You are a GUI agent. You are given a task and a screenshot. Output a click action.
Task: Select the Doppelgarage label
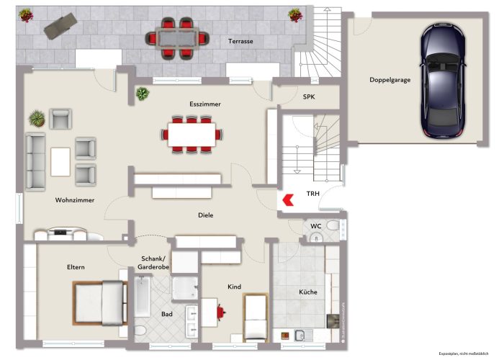[x=390, y=80]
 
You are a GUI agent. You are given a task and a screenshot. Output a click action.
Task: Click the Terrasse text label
[x=240, y=42]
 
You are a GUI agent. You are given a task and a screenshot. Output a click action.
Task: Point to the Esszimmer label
[x=205, y=104]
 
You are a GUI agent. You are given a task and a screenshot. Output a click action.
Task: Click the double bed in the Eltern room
[x=99, y=302]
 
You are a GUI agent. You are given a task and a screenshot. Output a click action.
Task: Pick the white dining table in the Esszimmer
[x=192, y=134]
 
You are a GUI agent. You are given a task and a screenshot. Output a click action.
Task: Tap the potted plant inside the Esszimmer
[x=143, y=93]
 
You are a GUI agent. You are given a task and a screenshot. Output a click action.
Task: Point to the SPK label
[x=308, y=96]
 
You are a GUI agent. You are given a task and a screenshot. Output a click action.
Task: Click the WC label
[x=315, y=225]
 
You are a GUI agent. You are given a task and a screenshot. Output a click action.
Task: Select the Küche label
[x=308, y=292]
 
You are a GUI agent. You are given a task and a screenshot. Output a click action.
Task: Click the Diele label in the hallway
[x=206, y=215]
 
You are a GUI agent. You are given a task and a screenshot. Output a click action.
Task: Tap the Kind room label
[x=234, y=287]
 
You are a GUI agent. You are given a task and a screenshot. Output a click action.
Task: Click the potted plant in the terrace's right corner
[x=294, y=14]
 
